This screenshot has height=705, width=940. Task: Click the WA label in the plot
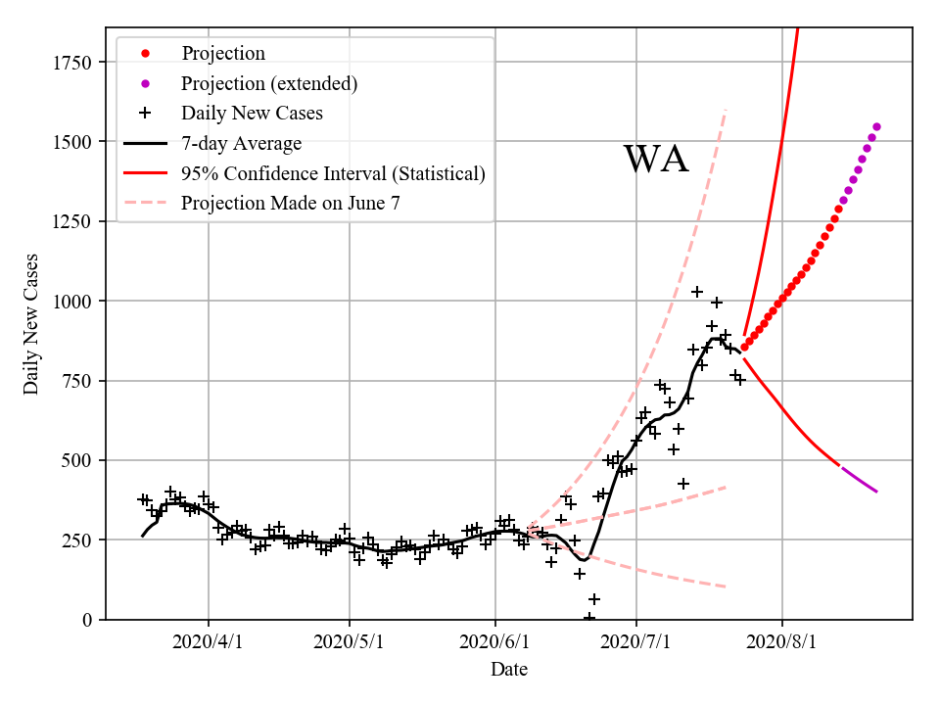656,159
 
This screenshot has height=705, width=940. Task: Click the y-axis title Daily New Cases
31,323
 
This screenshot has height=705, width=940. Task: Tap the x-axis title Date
509,670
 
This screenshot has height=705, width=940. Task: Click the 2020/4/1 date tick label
208,642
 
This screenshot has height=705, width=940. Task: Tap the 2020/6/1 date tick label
495,642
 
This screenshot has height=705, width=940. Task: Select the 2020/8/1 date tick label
782,642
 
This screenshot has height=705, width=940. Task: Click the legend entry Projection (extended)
269,83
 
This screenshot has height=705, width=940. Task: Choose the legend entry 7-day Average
241,143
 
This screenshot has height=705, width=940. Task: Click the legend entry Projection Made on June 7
291,203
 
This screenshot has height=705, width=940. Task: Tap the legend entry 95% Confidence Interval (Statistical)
333,173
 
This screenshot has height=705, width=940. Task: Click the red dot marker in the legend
145,54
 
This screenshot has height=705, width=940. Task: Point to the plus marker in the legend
145,113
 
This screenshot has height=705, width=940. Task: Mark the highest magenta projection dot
876,126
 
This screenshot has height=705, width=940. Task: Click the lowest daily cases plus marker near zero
589,618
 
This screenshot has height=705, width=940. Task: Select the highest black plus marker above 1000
697,292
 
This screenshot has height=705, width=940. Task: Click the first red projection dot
744,347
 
